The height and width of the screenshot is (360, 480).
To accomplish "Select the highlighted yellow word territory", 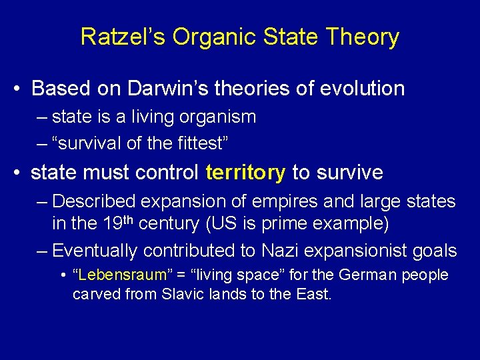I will point(245,173).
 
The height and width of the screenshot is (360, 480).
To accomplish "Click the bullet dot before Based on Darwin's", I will point(19,89).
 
